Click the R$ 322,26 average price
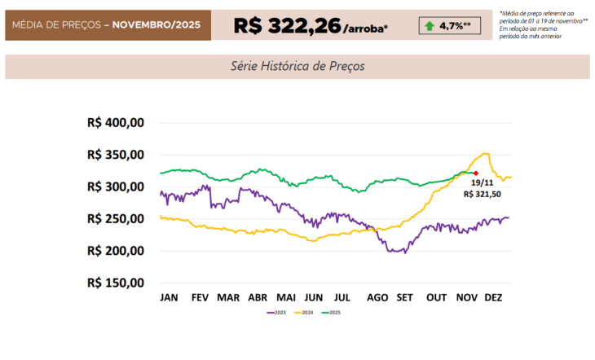point(287,25)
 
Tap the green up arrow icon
point(429,26)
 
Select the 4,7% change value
point(453,26)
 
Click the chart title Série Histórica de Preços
point(297,66)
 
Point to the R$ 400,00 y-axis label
point(115,123)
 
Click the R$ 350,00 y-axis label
point(115,155)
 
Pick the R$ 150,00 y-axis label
point(115,283)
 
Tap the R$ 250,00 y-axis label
point(115,219)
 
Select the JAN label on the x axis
point(170,297)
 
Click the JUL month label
point(342,297)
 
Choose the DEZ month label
point(493,297)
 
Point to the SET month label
point(405,297)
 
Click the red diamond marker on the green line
point(475,173)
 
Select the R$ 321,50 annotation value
point(481,195)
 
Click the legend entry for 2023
point(276,312)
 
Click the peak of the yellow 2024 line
point(487,153)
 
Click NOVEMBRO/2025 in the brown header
point(157,26)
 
